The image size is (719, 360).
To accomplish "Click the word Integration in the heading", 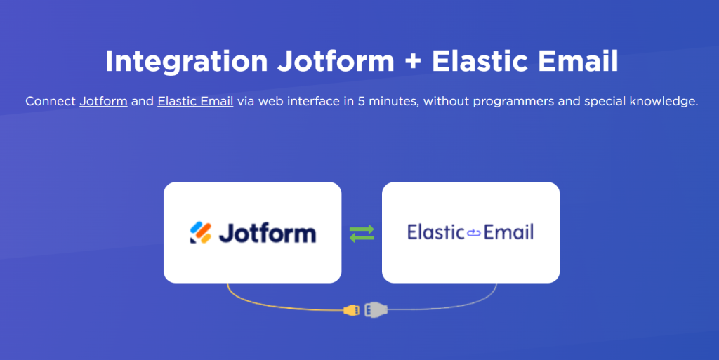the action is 187,62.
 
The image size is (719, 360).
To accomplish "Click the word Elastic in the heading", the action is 481,61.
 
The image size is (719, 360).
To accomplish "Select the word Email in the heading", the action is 579,61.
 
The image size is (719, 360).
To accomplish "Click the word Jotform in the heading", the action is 336,61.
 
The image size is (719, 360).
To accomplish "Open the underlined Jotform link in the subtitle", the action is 104,101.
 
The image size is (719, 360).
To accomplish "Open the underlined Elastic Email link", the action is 195,101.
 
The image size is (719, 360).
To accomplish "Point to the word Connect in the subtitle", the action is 51,101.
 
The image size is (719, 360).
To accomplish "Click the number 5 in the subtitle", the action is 362,101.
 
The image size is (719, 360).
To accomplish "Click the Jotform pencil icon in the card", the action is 201,232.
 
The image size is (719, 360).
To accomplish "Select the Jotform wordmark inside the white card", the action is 268,233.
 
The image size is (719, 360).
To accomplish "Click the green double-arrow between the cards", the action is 362,233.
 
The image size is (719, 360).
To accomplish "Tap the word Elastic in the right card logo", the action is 436,232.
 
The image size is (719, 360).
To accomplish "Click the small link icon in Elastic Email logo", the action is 474,233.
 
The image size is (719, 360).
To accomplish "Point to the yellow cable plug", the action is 352,310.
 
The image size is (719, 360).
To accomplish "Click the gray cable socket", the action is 376,310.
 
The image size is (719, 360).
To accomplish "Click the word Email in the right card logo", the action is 508,232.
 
